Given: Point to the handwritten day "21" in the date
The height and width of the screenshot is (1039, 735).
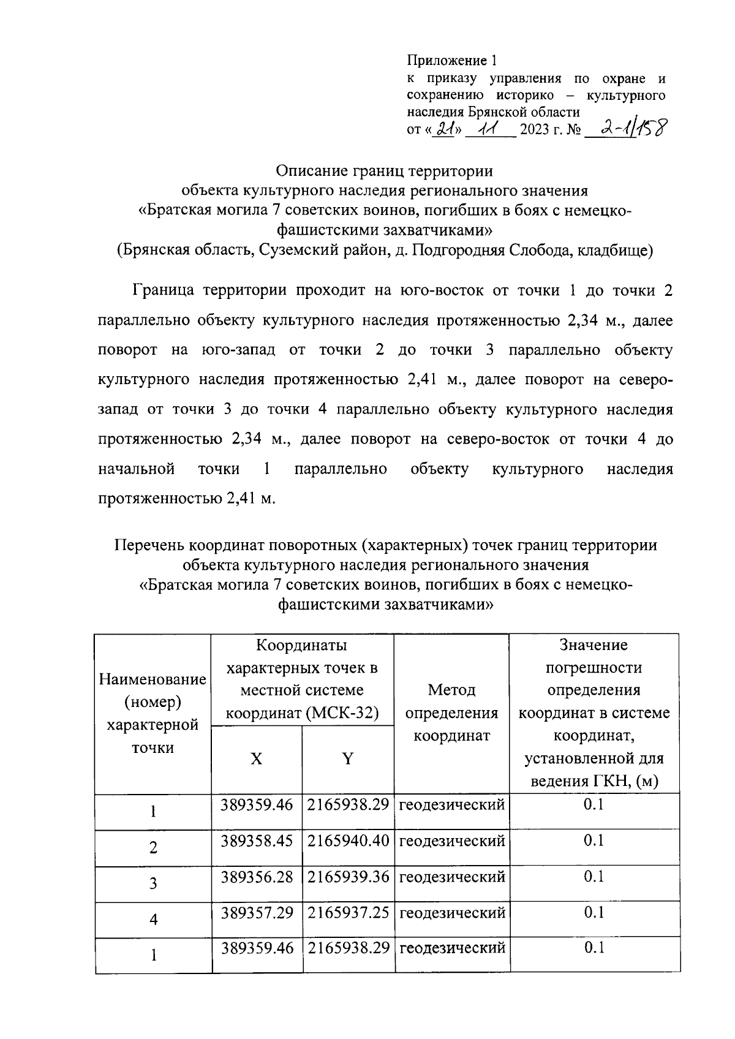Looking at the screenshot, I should [445, 129].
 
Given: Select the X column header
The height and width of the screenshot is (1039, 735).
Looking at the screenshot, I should [257, 759].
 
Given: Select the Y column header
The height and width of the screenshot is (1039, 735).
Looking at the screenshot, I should [348, 759].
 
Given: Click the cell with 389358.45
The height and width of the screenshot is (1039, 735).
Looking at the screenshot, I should [257, 841].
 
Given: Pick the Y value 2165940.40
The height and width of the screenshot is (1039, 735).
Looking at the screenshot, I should [348, 841].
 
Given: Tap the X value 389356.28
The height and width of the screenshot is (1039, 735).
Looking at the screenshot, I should [257, 877].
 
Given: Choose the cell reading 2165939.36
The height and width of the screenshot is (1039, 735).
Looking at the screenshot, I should [348, 877].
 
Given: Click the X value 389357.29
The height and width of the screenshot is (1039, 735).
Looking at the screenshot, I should [257, 913].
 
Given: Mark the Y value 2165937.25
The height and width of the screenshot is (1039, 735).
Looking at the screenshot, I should [348, 913].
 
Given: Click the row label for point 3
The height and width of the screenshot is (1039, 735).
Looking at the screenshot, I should [153, 883].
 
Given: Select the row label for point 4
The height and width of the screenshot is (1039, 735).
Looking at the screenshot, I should [153, 920].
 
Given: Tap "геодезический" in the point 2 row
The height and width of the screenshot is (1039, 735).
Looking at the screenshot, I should [452, 841].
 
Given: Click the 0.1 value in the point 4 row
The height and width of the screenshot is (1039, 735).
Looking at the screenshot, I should [594, 913].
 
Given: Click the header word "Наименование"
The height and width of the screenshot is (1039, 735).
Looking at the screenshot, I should [153, 679].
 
